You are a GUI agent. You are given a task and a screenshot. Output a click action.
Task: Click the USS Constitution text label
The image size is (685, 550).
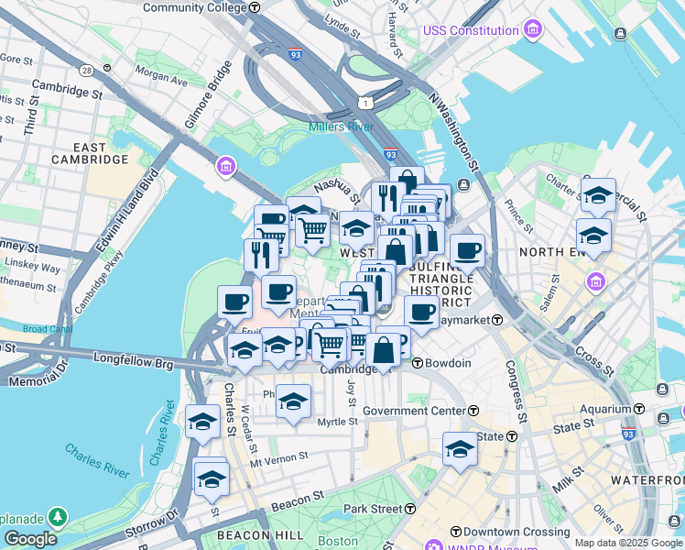[471, 30]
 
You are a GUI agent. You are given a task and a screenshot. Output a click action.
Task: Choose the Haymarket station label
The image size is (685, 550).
[462, 320]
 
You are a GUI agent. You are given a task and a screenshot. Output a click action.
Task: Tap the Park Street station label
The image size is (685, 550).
[373, 508]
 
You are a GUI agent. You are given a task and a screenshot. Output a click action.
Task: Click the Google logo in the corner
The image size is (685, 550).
[30, 539]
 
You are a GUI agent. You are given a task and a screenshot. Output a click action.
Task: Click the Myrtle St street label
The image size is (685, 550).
[337, 421]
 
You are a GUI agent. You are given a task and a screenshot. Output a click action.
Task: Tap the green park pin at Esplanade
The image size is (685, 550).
[58, 518]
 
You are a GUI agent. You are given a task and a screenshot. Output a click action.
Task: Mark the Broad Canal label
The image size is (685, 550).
[48, 329]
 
